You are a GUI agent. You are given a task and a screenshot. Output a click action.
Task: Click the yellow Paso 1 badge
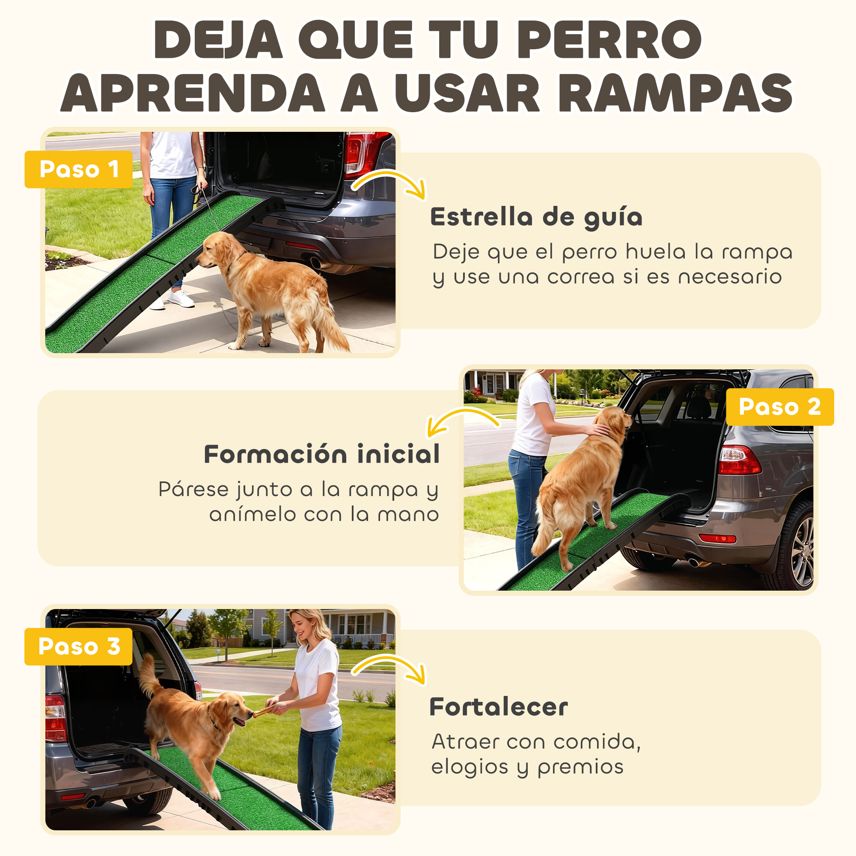(x=78, y=169)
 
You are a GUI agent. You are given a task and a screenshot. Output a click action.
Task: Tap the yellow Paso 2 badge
(x=779, y=407)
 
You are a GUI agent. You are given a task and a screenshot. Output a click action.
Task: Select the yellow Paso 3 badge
(x=78, y=646)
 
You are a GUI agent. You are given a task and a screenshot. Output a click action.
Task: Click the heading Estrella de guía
(x=536, y=217)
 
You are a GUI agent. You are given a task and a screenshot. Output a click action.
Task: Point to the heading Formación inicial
(x=322, y=454)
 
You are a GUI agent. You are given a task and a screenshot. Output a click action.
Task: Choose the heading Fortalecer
(x=499, y=707)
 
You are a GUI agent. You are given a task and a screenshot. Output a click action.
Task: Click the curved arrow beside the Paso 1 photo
(x=390, y=184)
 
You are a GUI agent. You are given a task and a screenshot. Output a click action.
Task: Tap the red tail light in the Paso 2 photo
(x=739, y=460)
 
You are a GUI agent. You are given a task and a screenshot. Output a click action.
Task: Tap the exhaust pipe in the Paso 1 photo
(x=316, y=262)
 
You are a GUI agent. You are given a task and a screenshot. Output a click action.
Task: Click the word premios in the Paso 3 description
(x=580, y=767)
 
